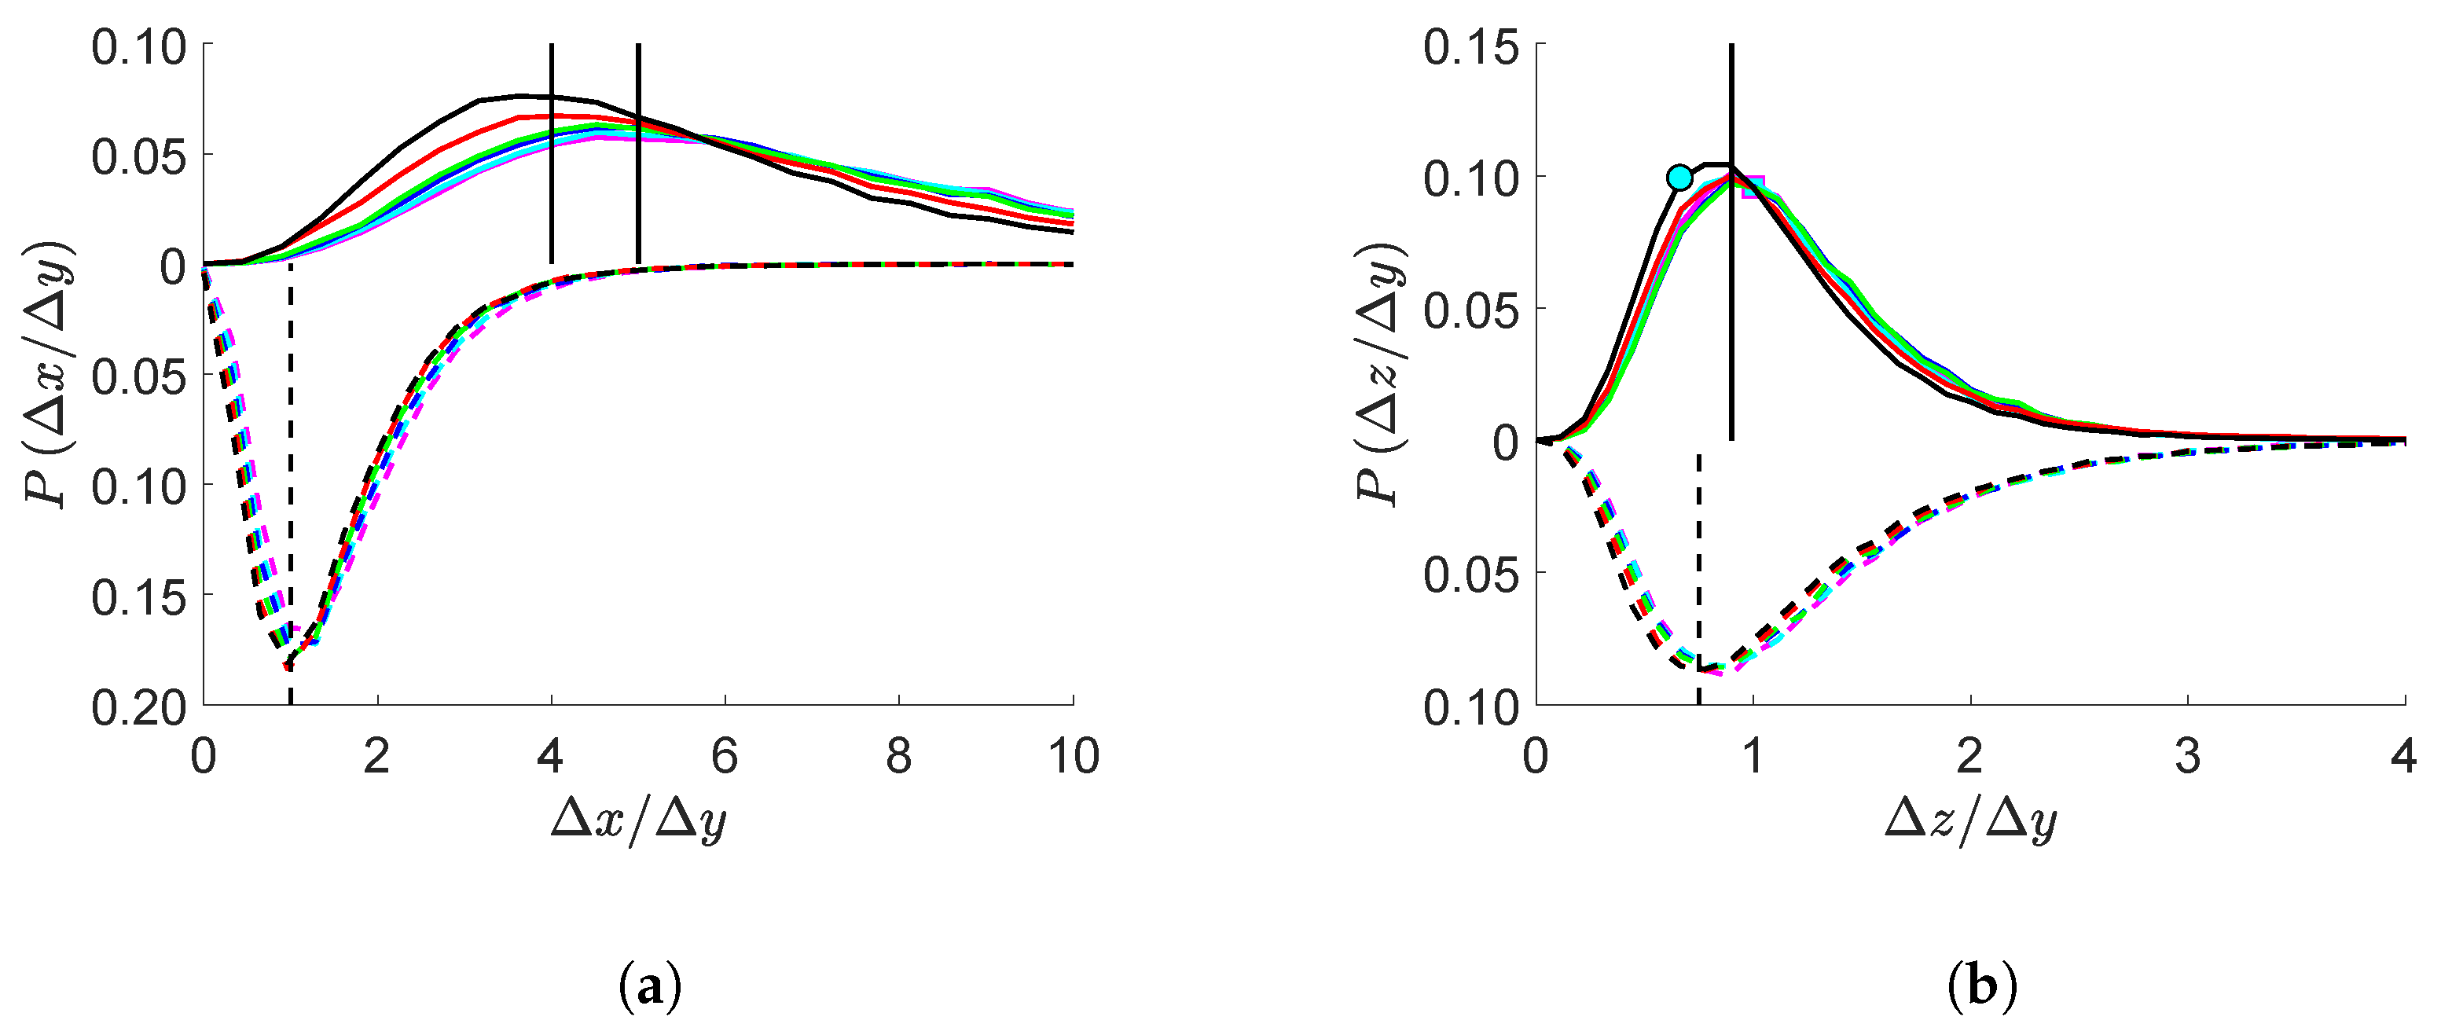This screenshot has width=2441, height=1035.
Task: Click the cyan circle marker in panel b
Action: (1679, 178)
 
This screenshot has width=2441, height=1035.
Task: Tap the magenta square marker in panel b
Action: (1753, 187)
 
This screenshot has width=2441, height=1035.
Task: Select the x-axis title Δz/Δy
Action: (1971, 820)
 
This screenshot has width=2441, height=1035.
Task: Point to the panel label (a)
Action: (650, 989)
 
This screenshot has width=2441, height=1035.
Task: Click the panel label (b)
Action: (1982, 989)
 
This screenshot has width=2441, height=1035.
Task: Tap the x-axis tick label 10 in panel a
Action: (1073, 756)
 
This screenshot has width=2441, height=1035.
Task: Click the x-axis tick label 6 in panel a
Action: (725, 756)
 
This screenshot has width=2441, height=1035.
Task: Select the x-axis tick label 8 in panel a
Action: (898, 756)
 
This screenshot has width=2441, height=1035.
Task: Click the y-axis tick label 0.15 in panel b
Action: (1473, 46)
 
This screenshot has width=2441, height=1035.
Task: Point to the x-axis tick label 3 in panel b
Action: (2188, 756)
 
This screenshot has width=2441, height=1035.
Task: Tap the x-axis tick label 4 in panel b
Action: (2405, 756)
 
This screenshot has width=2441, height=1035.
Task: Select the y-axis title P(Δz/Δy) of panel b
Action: (1381, 374)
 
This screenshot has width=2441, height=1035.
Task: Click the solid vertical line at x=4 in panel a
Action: (552, 153)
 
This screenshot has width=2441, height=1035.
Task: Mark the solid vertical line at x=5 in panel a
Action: (639, 153)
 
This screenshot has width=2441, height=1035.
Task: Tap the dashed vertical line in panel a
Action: (290, 483)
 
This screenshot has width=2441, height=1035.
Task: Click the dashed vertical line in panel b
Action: (1699, 579)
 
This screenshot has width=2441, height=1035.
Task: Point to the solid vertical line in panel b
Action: (1731, 242)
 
